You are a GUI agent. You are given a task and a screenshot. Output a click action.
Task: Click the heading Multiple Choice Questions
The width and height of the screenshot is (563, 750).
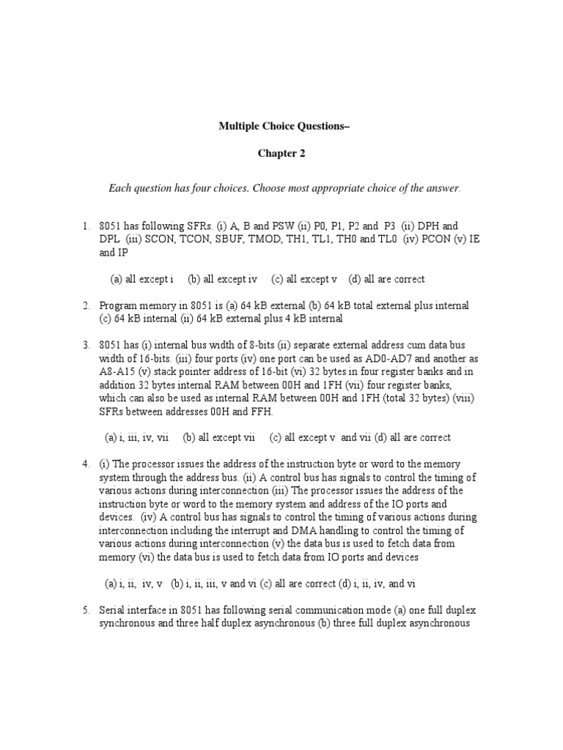click(x=284, y=125)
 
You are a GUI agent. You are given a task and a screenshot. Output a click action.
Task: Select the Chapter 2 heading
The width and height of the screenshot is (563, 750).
click(x=281, y=154)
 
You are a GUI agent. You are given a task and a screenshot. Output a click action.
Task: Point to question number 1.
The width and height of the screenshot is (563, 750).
click(x=86, y=226)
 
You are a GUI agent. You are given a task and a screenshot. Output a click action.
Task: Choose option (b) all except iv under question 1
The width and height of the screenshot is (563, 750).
click(x=222, y=278)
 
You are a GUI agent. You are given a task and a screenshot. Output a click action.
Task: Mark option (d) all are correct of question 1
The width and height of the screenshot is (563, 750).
click(x=386, y=278)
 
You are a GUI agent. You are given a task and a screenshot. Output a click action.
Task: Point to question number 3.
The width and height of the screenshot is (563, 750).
click(x=86, y=345)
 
